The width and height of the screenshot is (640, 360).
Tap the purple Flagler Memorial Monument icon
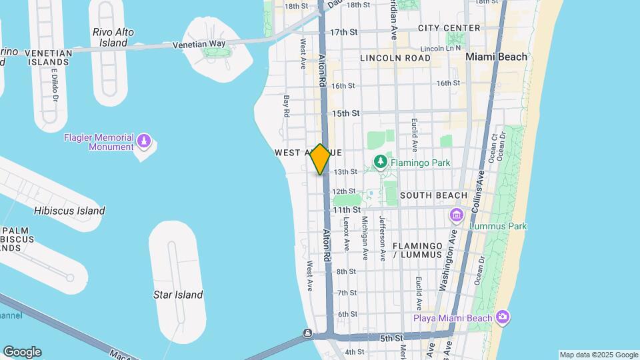[145, 141]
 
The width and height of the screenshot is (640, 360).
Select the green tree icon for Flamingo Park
[380, 162]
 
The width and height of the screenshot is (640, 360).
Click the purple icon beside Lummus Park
[457, 215]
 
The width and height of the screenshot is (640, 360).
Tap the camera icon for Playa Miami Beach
[503, 317]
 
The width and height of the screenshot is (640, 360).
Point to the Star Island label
[178, 295]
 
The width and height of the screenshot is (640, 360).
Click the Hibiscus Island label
[69, 211]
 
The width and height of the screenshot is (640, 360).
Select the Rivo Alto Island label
[113, 37]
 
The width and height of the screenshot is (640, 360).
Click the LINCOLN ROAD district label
[395, 58]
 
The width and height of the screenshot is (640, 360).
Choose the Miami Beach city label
[496, 57]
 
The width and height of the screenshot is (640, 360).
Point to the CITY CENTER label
[449, 28]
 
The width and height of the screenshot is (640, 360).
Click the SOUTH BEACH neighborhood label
[434, 195]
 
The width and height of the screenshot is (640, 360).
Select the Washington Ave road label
[447, 267]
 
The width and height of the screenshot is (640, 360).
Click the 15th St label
[347, 113]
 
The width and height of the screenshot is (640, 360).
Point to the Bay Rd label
[287, 106]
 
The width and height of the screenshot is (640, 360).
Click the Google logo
[22, 352]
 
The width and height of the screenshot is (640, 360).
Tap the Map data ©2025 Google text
[598, 355]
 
